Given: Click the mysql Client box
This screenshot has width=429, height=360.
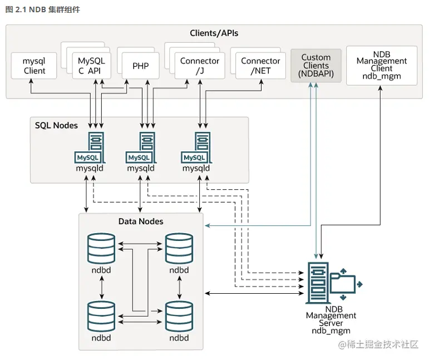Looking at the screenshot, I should point(34,66).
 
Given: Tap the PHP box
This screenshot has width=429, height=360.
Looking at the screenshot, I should point(141,66).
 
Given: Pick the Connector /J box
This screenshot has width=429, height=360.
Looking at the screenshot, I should point(200,66).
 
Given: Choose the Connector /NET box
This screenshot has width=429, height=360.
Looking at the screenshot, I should point(260,66).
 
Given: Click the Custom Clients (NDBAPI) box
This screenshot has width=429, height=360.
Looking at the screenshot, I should point(316,66).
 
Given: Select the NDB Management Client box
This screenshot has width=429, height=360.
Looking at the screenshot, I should point(382,66).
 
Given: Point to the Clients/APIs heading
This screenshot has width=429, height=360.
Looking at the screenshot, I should point(214,33).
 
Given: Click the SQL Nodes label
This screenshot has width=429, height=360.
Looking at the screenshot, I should point(56,125).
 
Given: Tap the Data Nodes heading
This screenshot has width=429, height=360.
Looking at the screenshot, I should point(141,221).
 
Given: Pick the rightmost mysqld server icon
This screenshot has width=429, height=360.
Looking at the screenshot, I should point(201,147).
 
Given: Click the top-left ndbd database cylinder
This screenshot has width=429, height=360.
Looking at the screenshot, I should point(101,247).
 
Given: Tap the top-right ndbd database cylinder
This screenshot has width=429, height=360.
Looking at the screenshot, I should point(179,247).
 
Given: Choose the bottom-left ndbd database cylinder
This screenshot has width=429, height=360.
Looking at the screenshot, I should point(101,315).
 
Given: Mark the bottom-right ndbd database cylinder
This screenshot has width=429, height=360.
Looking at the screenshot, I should point(179,315).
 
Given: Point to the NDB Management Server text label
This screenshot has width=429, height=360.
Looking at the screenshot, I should point(331,319).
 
